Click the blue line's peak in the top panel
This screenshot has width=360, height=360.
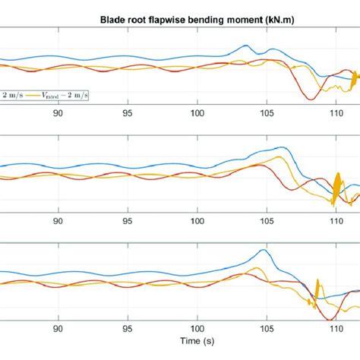245,46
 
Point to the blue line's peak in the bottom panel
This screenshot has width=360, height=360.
263,250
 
